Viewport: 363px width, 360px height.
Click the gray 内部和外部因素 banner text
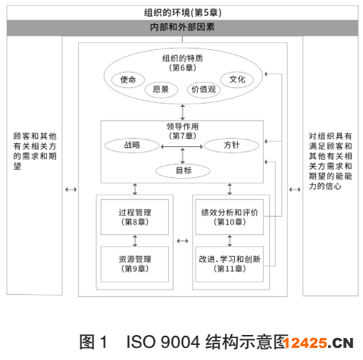182,27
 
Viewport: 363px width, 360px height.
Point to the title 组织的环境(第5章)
183,13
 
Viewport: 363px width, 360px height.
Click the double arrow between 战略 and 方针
182,146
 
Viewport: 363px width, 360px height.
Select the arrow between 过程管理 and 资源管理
135,241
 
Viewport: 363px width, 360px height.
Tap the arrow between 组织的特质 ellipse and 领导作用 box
183,112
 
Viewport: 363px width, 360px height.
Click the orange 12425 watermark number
305,343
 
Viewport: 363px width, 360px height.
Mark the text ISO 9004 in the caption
163,342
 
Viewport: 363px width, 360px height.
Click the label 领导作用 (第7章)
183,131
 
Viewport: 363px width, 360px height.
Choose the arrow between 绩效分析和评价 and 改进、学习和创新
230,241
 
